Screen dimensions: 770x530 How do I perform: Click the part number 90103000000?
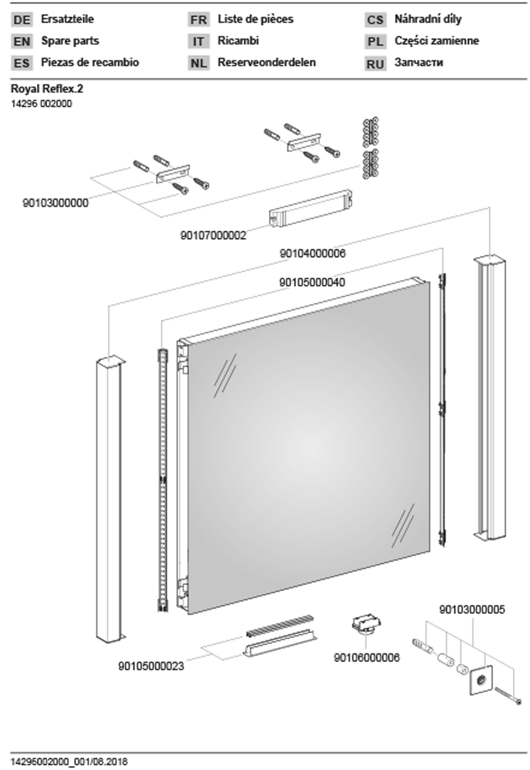tap(55, 203)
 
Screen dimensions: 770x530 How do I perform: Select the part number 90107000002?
tap(213, 236)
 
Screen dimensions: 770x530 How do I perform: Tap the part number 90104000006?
tap(313, 254)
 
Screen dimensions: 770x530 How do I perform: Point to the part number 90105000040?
tap(312, 283)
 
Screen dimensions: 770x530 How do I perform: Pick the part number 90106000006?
tap(366, 657)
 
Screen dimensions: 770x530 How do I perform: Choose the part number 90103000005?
tap(472, 610)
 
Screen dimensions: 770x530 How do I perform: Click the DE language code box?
tap(22, 20)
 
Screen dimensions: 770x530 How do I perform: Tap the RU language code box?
tap(375, 63)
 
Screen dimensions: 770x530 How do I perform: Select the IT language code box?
tap(198, 42)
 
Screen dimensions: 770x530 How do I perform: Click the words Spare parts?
tap(70, 41)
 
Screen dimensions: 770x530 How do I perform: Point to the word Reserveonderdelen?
tap(266, 62)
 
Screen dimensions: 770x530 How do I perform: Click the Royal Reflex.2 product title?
tap(47, 89)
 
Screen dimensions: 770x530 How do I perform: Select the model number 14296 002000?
tap(42, 104)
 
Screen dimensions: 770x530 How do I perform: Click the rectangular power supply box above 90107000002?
tap(311, 208)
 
